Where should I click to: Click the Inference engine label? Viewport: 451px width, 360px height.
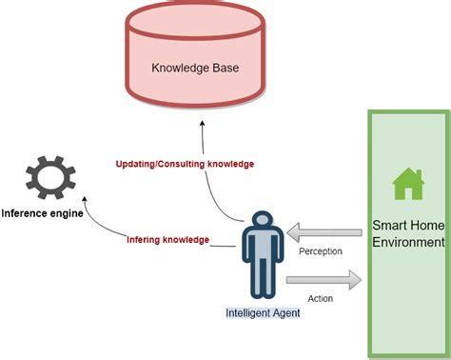pos(42,213)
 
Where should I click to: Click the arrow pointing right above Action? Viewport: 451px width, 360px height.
pos(324,279)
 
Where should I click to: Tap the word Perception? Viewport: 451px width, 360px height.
pos(321,252)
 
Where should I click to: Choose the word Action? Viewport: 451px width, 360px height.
pos(321,298)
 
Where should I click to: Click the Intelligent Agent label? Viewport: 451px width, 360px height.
pos(263,312)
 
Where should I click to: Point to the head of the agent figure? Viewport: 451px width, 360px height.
pos(262,221)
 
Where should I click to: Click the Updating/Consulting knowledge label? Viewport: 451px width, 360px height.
pos(185,164)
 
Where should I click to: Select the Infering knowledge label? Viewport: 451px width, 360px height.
pos(167,239)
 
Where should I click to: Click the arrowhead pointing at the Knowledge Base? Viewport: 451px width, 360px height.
pos(201,125)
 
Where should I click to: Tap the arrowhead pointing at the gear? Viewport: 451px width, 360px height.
pos(86,201)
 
